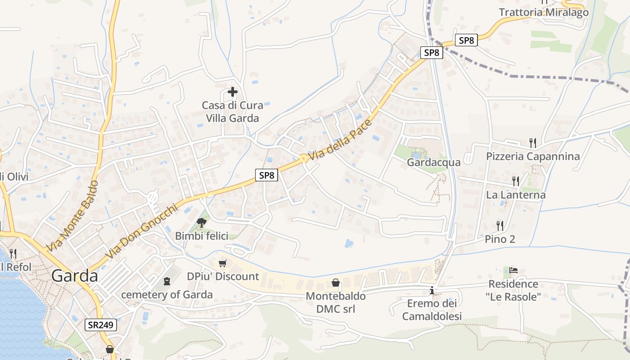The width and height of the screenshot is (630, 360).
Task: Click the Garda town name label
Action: [75, 275]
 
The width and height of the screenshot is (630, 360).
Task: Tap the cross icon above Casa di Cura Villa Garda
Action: [232, 92]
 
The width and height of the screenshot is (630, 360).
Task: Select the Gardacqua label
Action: [434, 162]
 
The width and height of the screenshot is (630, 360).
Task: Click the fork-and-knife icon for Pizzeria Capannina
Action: [533, 143]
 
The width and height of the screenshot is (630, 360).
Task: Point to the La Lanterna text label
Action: [516, 195]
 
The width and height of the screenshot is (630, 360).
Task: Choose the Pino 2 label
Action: [499, 239]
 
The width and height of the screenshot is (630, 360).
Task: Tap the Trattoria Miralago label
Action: [544, 12]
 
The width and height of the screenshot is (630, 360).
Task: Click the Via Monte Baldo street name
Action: [72, 216]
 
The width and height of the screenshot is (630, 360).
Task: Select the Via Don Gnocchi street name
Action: [140, 233]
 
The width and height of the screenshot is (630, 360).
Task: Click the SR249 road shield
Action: [101, 324]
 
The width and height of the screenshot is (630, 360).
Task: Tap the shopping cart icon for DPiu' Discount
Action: [222, 263]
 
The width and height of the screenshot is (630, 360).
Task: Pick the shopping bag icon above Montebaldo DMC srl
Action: [336, 283]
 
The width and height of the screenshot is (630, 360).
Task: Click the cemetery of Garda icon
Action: [167, 282]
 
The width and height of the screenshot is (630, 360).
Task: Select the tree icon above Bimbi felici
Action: [202, 222]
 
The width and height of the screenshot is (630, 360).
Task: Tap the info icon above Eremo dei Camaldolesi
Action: [432, 290]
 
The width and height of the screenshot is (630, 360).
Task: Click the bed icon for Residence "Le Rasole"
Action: [513, 270]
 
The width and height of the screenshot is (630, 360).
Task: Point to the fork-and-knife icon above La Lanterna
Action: [516, 181]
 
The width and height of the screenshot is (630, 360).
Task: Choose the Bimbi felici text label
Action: [202, 236]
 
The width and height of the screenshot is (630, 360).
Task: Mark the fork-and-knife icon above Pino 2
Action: [499, 225]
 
